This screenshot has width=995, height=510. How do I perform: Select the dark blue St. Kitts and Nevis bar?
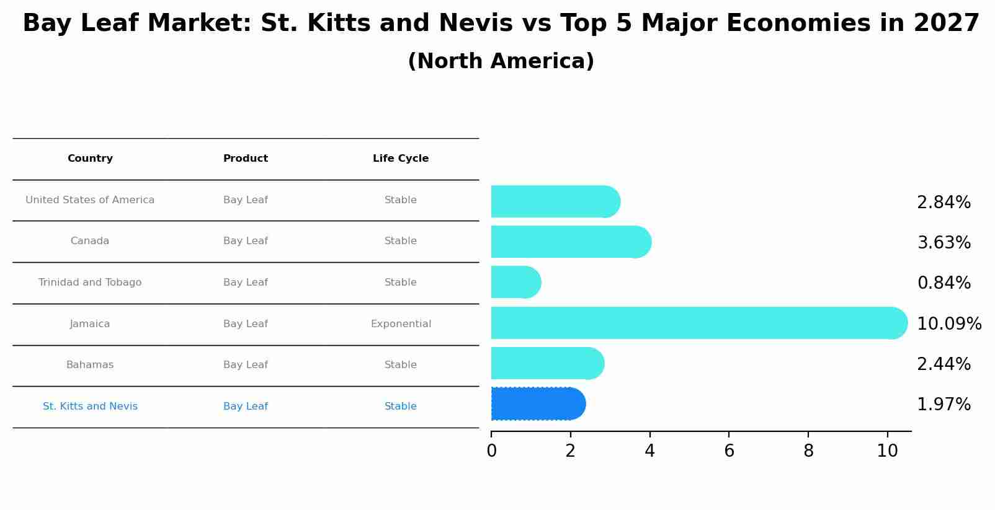click(x=537, y=404)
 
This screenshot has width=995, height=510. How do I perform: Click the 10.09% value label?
click(x=948, y=323)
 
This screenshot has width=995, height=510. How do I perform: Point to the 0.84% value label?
click(x=944, y=283)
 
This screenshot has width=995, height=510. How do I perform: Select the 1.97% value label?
click(x=944, y=405)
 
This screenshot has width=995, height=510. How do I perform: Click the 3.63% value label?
click(x=944, y=243)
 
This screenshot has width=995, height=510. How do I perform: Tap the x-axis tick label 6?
click(x=729, y=451)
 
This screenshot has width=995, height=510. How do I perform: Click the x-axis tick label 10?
click(x=887, y=451)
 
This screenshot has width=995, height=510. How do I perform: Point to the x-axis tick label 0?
click(x=491, y=451)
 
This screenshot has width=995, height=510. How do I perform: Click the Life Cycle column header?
click(x=401, y=159)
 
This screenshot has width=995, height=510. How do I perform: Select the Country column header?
click(x=90, y=159)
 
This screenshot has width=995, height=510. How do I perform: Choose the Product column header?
click(x=246, y=159)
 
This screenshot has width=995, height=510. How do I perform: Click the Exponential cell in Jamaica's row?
click(x=401, y=324)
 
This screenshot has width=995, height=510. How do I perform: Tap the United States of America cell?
click(x=90, y=200)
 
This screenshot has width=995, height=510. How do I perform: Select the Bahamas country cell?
click(x=90, y=365)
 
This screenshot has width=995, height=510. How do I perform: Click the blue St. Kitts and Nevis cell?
click(x=90, y=407)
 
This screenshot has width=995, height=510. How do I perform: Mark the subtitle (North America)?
click(x=501, y=61)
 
